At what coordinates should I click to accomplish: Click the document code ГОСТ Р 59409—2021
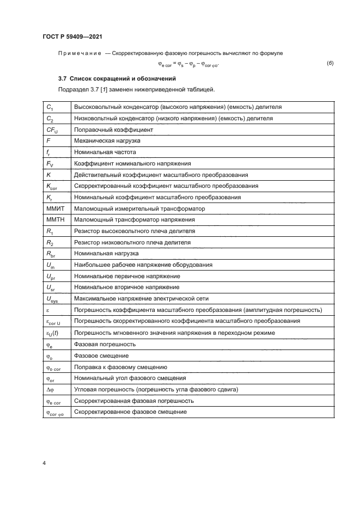72,36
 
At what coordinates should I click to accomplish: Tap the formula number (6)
330,64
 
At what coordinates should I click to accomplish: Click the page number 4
44,463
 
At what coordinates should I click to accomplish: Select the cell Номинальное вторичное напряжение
126,287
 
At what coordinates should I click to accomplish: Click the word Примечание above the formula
78,53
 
